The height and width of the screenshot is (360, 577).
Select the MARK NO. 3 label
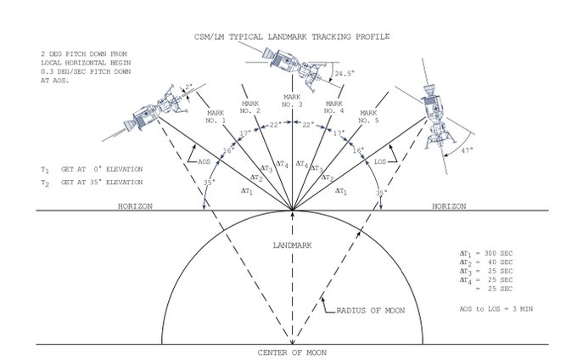[x=293, y=101]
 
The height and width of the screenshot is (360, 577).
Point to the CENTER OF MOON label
[x=293, y=352]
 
